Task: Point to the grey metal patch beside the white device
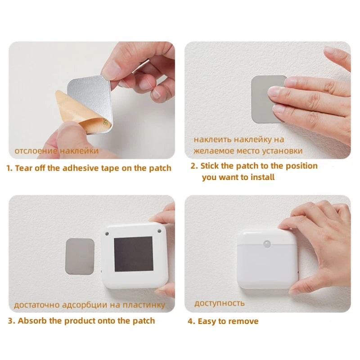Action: (80, 256)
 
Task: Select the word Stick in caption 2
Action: (210, 166)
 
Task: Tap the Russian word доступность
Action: (220, 303)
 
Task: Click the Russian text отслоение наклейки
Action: (56, 151)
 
